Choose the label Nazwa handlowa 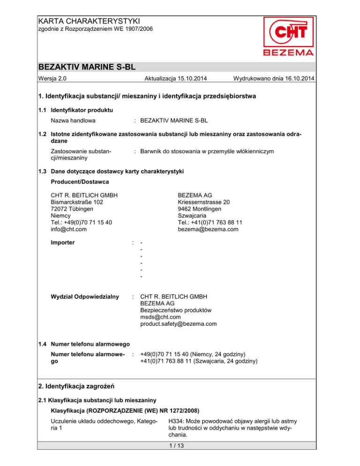(x=73, y=120)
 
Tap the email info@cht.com (x=70, y=229)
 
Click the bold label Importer (x=65, y=242)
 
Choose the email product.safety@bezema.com (x=178, y=323)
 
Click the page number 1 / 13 (x=180, y=454)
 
